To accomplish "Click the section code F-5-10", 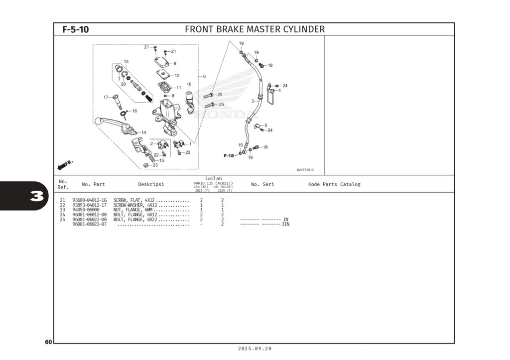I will pos(76,29).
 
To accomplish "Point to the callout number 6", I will pos(204,76).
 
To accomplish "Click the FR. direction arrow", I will pos(65,164).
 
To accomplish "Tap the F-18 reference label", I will pos(229,156).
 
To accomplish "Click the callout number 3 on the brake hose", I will pos(253,101).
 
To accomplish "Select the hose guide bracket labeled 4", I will pos(270,94).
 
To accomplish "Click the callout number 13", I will pos(126,62).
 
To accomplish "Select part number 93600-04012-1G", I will pos(90,200).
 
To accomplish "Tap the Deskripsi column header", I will pos(151,184).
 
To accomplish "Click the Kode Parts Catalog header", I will pos(334,184).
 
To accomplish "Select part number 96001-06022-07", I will pos(90,224).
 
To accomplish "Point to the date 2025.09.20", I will pos(255,349).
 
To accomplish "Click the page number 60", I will pos(48,342).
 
